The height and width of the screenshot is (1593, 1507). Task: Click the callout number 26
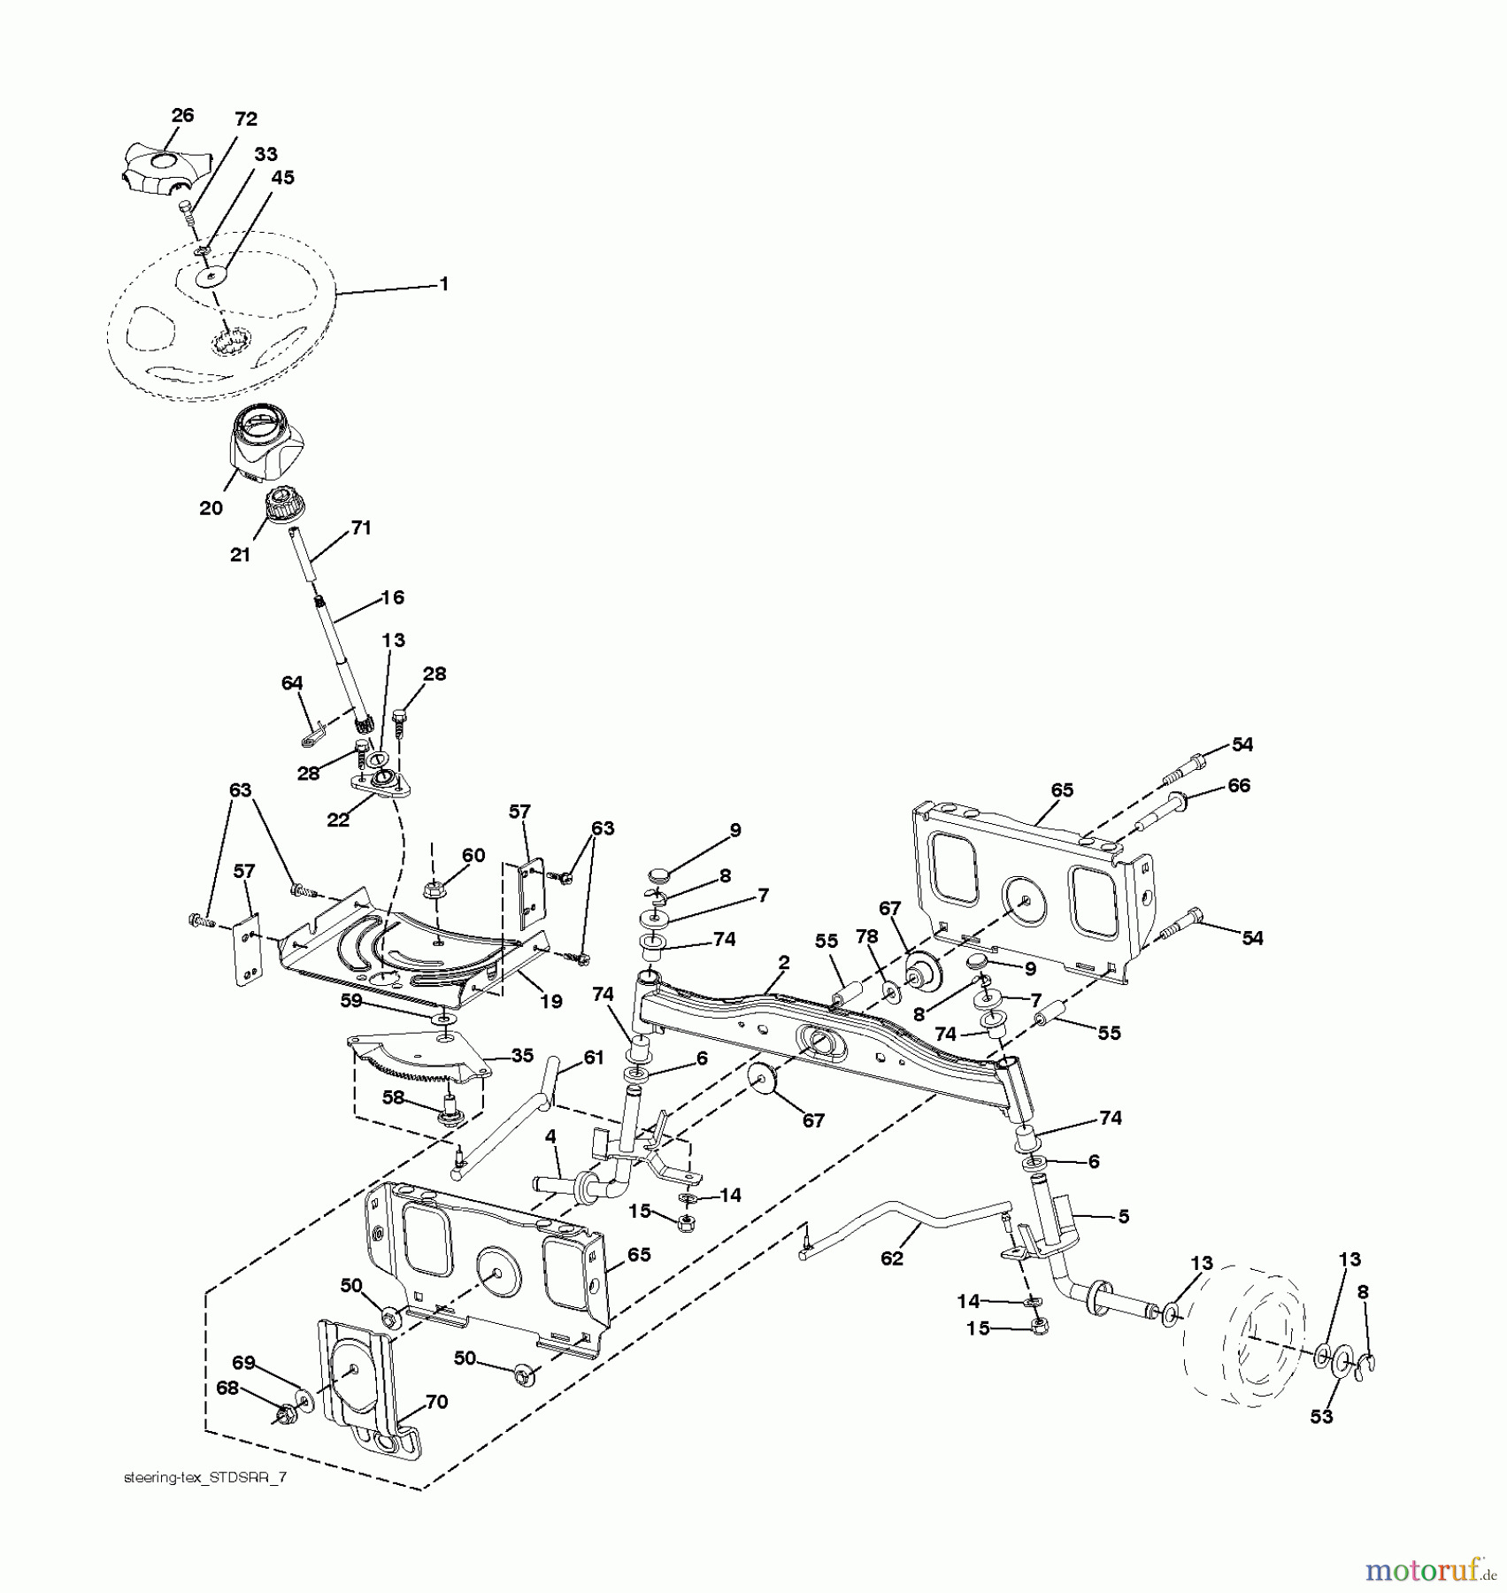point(182,115)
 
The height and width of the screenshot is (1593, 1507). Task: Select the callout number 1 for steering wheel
point(444,284)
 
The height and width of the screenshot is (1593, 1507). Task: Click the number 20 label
point(211,508)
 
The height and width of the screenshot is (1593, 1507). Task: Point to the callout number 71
point(361,527)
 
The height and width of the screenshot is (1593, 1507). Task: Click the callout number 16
point(392,597)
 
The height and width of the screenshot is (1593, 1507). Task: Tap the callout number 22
point(338,820)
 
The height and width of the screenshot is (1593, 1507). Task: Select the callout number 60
point(473,855)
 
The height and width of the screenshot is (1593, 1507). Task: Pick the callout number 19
point(551,1002)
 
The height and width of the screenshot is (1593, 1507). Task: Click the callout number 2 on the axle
point(784,962)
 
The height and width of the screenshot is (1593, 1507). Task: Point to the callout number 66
point(1239,785)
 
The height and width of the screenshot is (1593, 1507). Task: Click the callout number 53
point(1321,1417)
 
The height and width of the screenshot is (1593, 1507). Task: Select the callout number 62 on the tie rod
point(892,1258)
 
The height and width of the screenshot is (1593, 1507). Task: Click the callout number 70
point(436,1402)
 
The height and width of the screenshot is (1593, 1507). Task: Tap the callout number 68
point(227,1388)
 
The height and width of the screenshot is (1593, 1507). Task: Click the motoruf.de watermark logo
point(1428,1571)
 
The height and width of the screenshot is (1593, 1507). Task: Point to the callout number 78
point(866,936)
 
